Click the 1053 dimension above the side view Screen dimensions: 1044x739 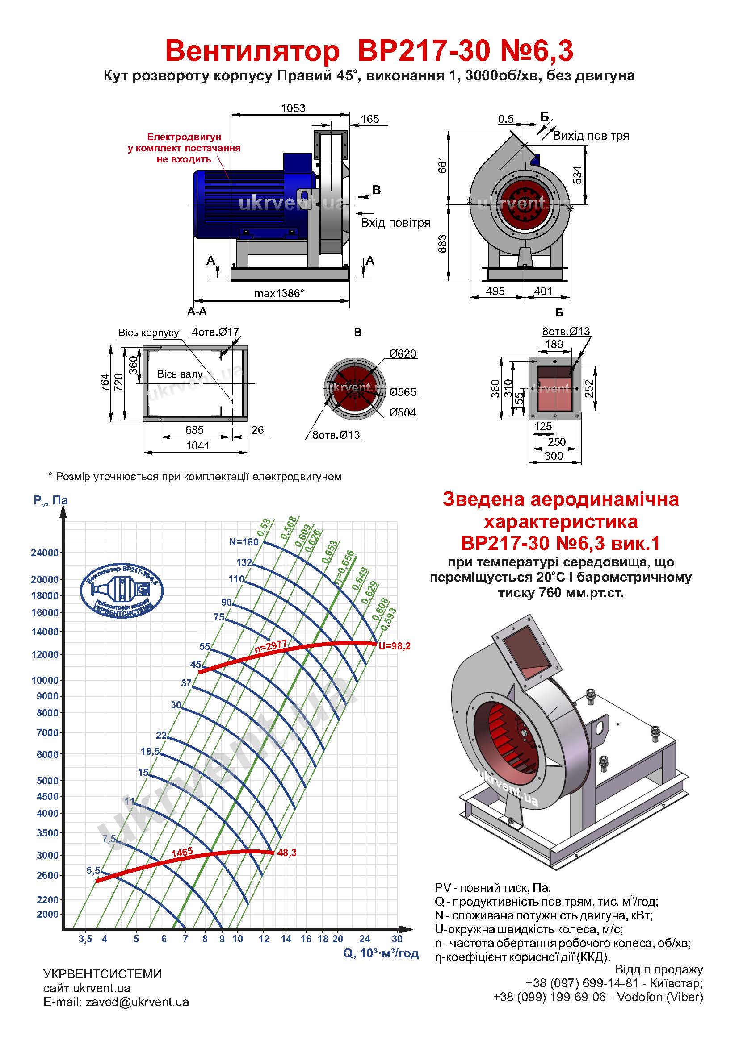[x=293, y=108]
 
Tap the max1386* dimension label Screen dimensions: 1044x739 [x=278, y=293]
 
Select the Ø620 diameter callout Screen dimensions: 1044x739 [x=402, y=354]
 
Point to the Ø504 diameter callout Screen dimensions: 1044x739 [x=402, y=412]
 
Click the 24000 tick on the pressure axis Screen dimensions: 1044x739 [x=45, y=553]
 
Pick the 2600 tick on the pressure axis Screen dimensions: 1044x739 [x=47, y=875]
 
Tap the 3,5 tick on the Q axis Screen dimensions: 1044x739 [x=85, y=939]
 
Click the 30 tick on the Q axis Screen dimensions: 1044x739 [x=397, y=939]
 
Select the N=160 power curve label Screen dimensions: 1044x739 [x=244, y=541]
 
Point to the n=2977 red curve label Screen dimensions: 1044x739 [x=270, y=647]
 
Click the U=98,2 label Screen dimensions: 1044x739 [x=395, y=646]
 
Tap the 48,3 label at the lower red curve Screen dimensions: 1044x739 [x=287, y=853]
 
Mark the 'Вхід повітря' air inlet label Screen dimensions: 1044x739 [x=395, y=223]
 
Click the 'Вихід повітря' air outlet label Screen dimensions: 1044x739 [x=591, y=136]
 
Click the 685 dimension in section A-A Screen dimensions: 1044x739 [x=194, y=430]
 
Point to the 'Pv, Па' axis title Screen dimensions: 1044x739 [x=50, y=501]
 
